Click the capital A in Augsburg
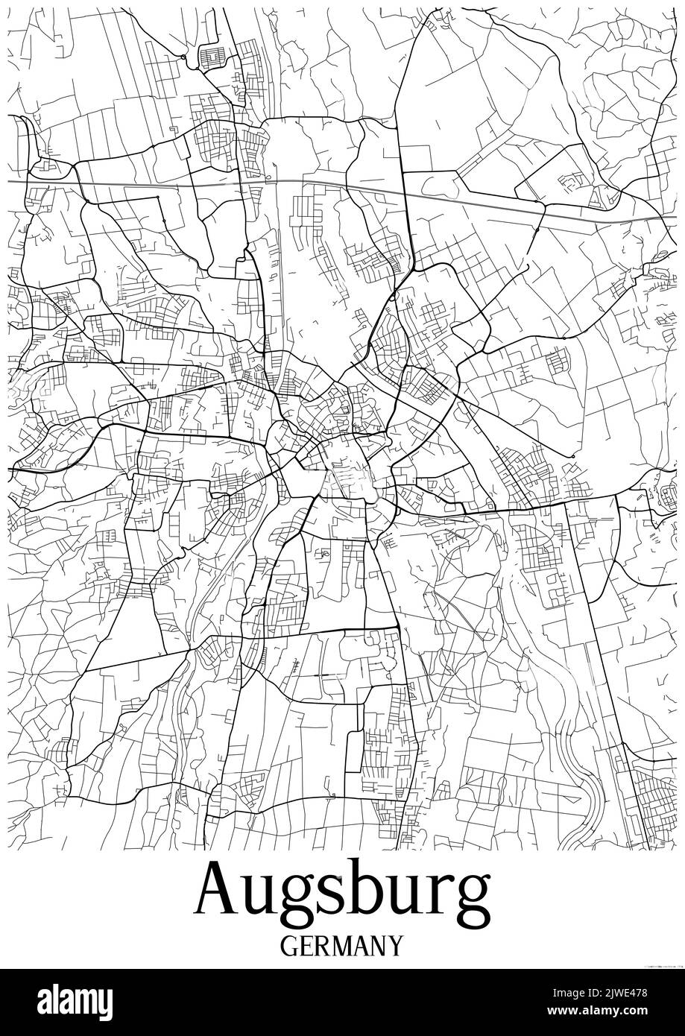(x=217, y=892)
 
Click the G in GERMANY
(x=291, y=946)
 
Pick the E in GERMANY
(x=307, y=946)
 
